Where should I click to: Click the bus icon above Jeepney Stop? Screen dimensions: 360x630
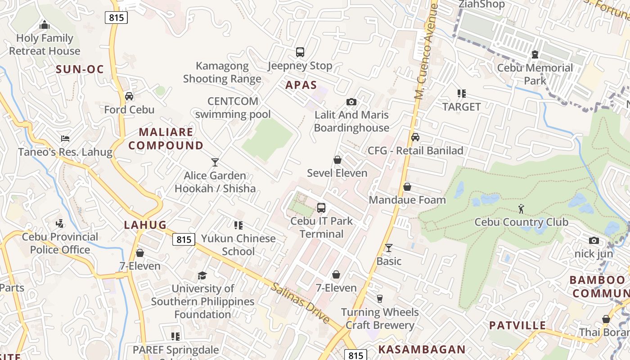click(300, 52)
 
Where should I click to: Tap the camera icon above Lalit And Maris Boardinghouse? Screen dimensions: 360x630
click(351, 102)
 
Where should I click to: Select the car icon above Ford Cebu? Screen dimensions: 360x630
click(129, 96)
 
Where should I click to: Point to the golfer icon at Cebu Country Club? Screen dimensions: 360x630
click(521, 209)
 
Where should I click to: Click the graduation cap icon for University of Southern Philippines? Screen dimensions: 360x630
click(202, 275)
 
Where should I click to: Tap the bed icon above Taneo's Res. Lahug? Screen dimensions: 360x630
click(65, 139)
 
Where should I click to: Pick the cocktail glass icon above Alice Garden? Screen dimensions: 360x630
click(215, 162)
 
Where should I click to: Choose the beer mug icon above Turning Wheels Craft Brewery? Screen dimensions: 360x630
click(380, 299)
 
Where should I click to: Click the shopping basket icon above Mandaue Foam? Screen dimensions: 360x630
click(407, 187)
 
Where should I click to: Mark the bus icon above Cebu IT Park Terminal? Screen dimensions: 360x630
click(321, 208)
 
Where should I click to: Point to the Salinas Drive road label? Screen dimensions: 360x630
click(300, 302)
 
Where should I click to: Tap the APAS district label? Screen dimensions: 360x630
click(301, 85)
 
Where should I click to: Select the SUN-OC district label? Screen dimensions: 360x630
click(80, 69)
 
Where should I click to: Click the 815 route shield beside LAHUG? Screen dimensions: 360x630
click(184, 240)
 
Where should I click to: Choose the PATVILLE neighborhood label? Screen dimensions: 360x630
click(517, 325)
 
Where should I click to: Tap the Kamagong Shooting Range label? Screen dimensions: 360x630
click(222, 72)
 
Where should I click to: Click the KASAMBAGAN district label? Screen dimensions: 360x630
click(422, 349)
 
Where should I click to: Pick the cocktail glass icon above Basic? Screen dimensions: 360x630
click(389, 248)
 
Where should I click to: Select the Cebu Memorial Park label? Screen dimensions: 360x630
click(535, 74)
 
